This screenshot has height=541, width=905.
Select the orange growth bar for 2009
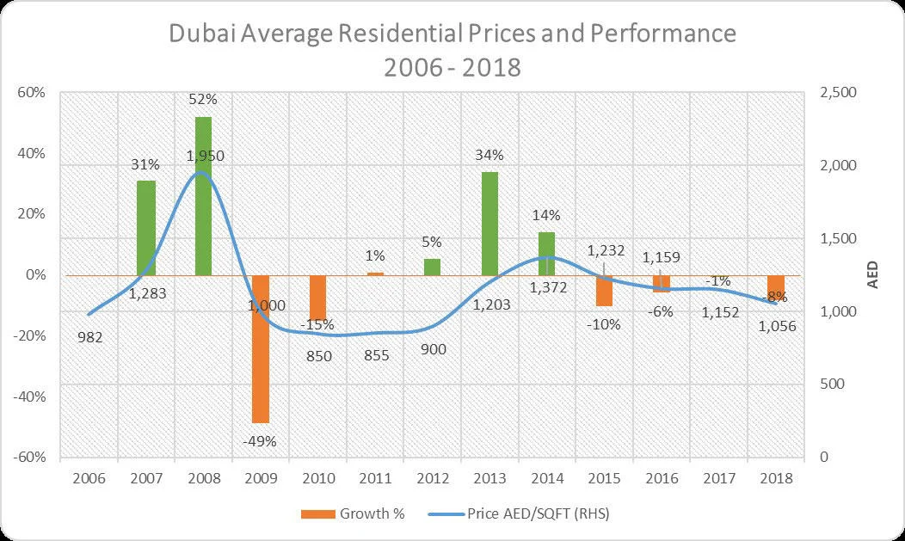click(x=261, y=348)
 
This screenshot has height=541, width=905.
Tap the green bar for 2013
click(x=489, y=224)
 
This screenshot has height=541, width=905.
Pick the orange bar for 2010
click(x=318, y=298)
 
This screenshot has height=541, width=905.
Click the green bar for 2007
click(x=146, y=228)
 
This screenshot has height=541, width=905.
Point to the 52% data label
click(x=203, y=101)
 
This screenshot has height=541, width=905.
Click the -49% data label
click(x=261, y=441)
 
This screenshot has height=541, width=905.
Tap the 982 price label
click(x=89, y=337)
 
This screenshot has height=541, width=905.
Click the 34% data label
click(x=489, y=156)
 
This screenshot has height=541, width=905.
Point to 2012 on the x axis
click(x=433, y=478)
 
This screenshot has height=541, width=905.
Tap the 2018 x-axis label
click(x=775, y=478)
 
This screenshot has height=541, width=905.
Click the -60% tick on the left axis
click(x=31, y=457)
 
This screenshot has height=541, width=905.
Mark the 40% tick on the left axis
click(x=33, y=153)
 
